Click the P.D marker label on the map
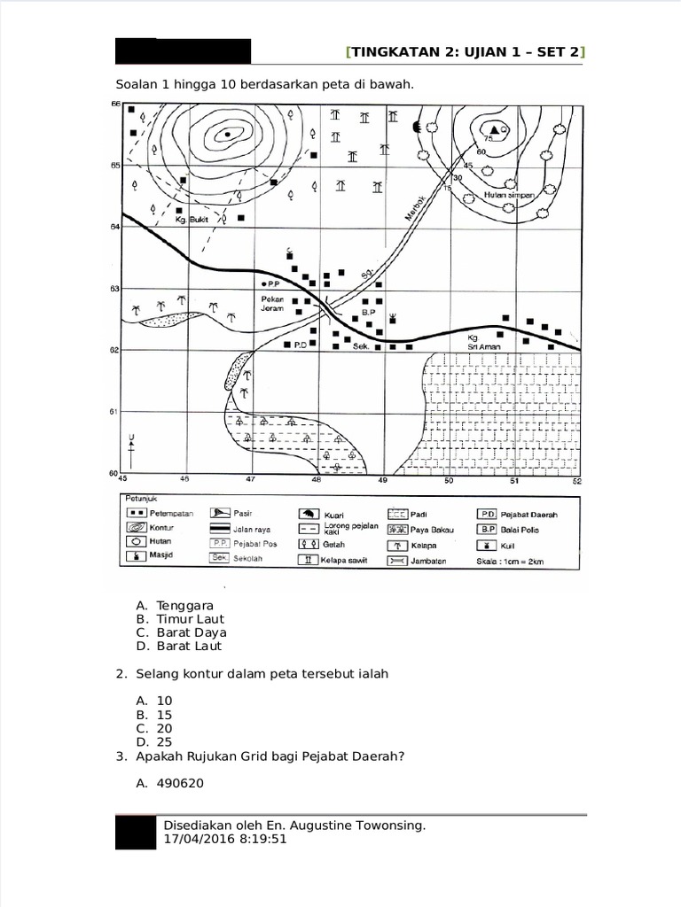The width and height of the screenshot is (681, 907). coord(300,346)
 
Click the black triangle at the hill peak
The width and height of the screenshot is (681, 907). coord(495,129)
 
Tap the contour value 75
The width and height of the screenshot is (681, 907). coord(487,139)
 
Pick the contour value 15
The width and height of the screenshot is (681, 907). coord(447,189)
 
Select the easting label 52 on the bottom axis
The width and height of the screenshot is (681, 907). coord(577,480)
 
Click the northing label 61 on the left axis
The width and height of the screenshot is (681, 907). coord(114,412)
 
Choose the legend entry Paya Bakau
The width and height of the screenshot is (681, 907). coord(426,529)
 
